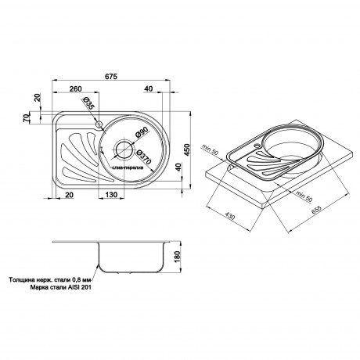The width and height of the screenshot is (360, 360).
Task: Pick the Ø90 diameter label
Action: [142, 133]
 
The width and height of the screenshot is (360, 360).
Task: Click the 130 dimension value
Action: [113, 195]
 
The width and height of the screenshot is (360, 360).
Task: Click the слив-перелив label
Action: [126, 169]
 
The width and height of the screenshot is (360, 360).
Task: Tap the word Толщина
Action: [23, 278]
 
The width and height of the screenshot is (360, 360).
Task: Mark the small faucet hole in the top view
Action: [99, 124]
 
